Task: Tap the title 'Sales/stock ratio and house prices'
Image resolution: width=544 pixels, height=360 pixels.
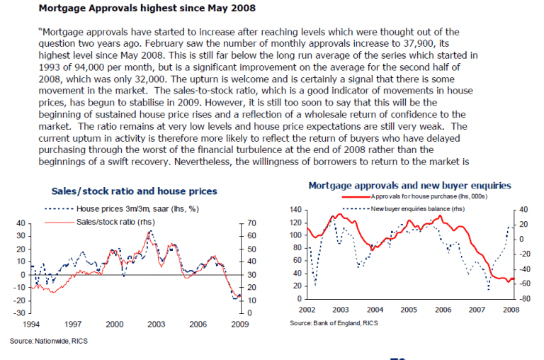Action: [135, 191]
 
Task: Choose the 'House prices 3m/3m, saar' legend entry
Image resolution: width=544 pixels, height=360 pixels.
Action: [128, 210]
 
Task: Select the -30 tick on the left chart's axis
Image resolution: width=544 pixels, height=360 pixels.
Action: [20, 313]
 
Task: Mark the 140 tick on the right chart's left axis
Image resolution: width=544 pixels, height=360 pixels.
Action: [295, 210]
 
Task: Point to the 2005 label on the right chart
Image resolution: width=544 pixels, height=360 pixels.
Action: [409, 310]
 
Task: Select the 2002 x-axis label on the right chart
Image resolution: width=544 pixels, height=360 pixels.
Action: [307, 310]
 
